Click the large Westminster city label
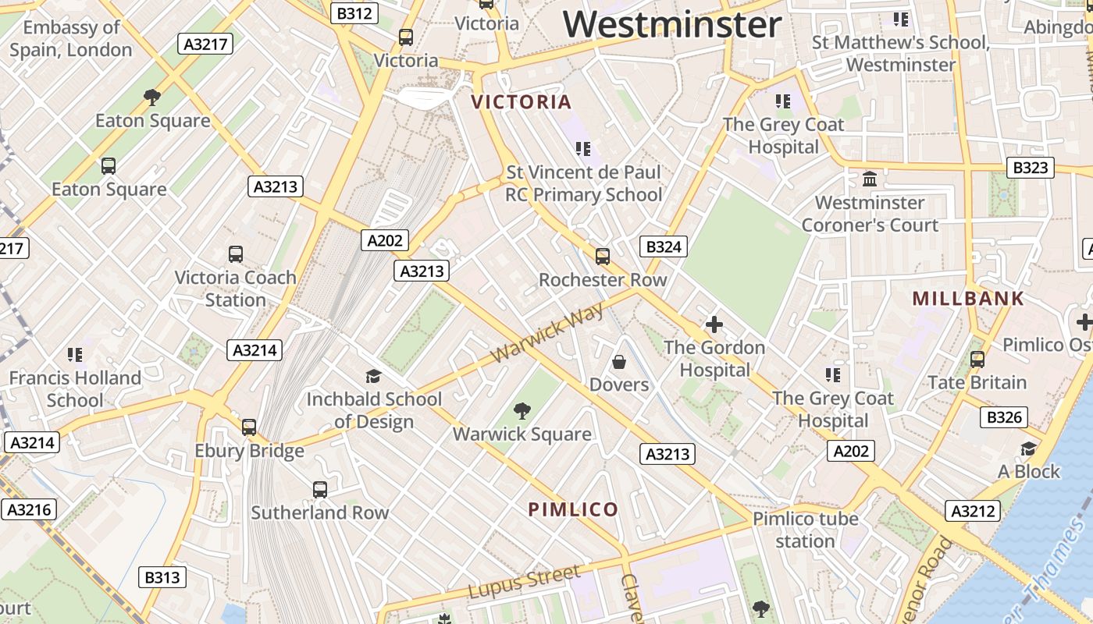672,24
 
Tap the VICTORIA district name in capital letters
522,102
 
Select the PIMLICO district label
573,510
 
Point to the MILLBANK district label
968,299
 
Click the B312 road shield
354,13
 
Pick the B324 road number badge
664,247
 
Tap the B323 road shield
1030,168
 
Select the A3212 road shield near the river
974,512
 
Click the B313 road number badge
162,578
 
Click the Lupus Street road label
525,583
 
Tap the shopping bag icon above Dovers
619,362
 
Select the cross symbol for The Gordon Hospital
714,324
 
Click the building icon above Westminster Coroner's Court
870,180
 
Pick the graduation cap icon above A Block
1028,449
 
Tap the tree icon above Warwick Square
522,411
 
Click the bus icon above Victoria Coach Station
236,254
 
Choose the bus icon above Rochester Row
602,257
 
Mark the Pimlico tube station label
806,530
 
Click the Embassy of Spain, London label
71,38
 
